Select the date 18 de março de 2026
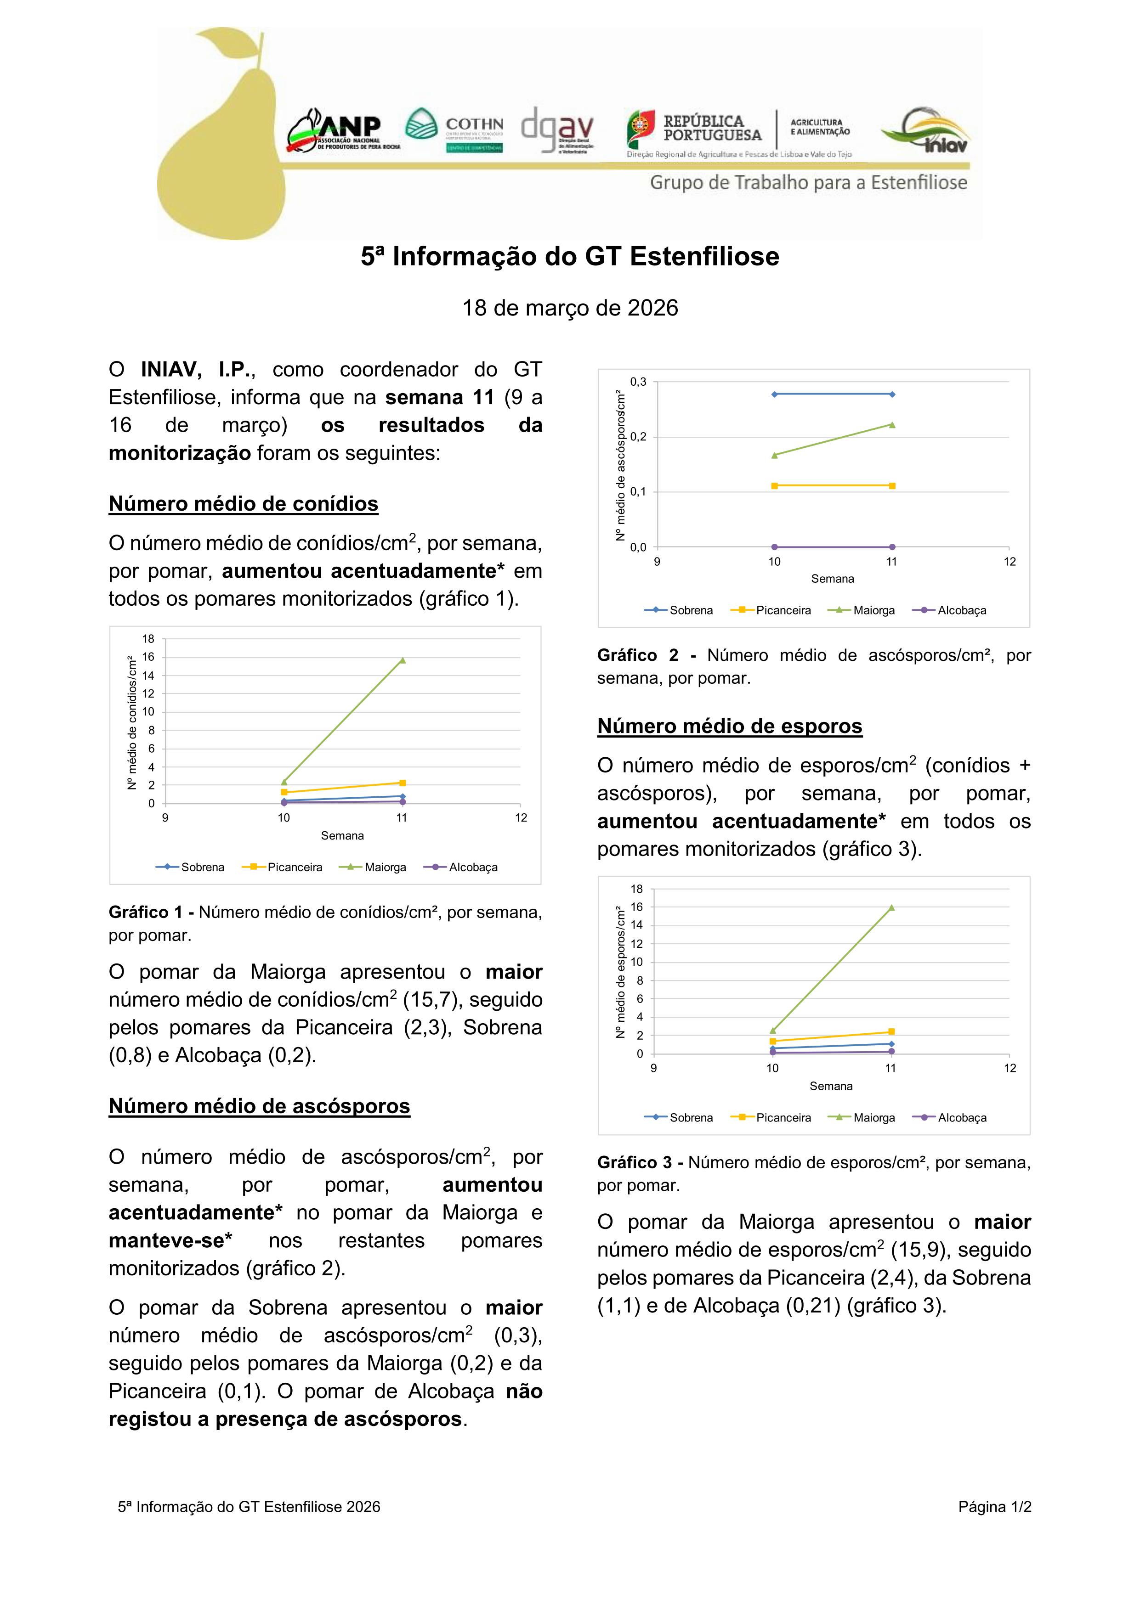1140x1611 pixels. [570, 308]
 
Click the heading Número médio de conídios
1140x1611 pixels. [243, 504]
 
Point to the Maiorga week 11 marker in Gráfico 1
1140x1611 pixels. [402, 659]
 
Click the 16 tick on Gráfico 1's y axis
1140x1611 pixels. [148, 658]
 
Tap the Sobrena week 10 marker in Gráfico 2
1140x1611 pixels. [774, 394]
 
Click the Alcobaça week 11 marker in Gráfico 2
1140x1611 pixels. [891, 546]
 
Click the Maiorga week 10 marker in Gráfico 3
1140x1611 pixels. [773, 1030]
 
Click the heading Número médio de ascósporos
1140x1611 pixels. [259, 1106]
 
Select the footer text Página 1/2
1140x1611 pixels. [994, 1506]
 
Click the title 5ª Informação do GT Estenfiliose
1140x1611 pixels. [570, 257]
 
